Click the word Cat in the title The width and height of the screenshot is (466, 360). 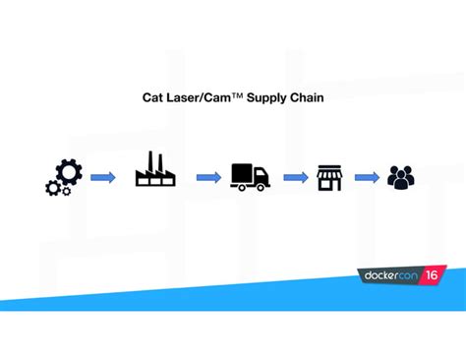(x=154, y=98)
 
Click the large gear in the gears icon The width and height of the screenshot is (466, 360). (x=68, y=172)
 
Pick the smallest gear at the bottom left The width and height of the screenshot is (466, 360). (x=52, y=187)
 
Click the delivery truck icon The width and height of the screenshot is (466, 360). (x=250, y=176)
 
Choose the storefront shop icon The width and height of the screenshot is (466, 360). (x=328, y=177)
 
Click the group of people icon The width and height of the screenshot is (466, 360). (x=400, y=177)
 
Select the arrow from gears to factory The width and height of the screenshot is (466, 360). (x=103, y=177)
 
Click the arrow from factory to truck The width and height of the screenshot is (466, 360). (x=207, y=177)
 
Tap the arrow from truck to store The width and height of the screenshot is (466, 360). (x=295, y=177)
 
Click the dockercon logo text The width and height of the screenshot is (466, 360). (x=387, y=279)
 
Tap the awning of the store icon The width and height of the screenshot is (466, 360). (x=328, y=171)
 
